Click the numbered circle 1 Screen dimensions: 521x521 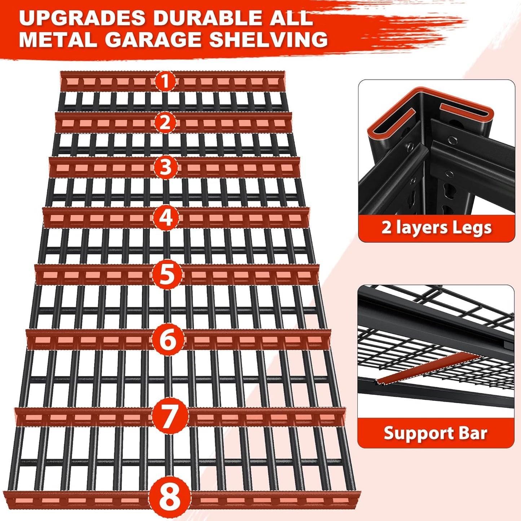165,81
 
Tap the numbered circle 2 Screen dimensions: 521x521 165,123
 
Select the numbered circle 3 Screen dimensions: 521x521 165,168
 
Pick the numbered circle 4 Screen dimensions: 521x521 166,218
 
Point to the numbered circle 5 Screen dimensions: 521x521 167,274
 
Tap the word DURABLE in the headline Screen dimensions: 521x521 210,18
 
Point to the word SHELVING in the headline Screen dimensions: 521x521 268,39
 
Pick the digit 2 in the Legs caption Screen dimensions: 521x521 387,228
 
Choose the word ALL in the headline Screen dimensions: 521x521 294,18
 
